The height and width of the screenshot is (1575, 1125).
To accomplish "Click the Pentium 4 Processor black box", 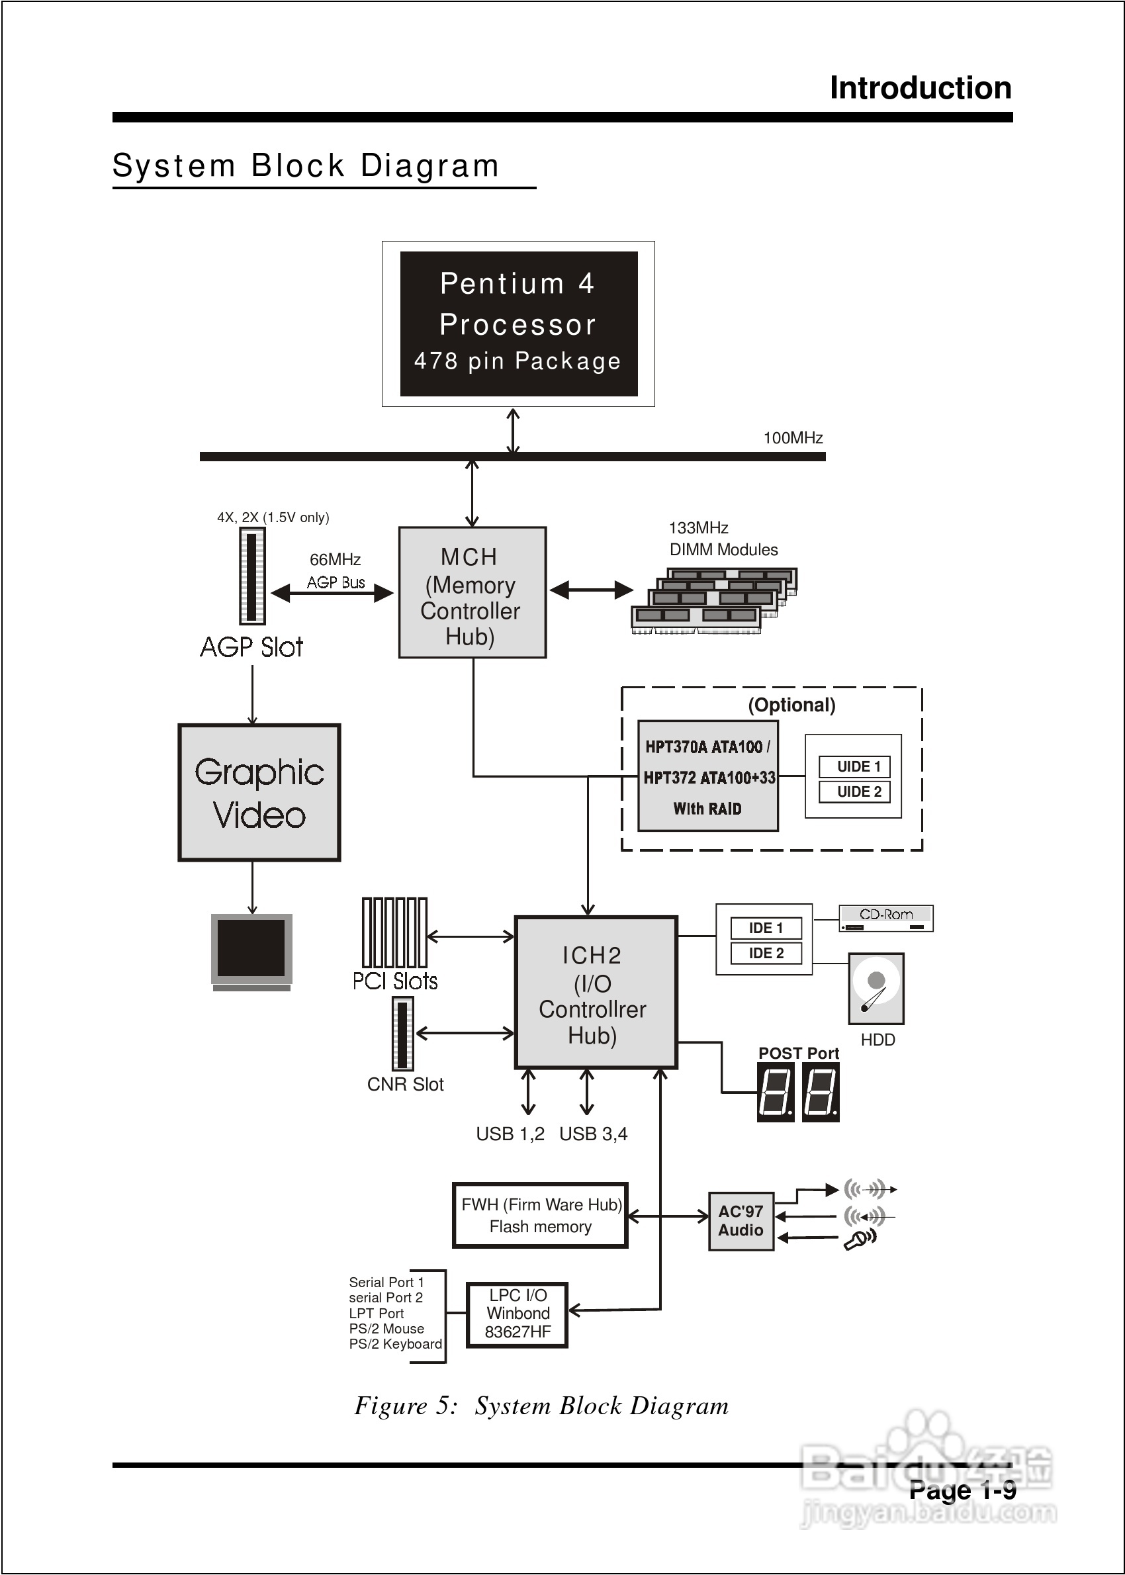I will pos(518,324).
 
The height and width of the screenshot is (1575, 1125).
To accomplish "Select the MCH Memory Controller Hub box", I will pos(472,593).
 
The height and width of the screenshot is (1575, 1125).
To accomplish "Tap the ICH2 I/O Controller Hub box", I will pos(595,993).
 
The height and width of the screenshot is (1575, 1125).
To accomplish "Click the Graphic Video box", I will pos(259,793).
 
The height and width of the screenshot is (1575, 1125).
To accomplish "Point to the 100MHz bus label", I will pos(793,437).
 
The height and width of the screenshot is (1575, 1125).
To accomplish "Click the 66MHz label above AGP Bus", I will pos(335,560).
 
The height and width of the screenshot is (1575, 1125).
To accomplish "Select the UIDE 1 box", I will pos(858,767).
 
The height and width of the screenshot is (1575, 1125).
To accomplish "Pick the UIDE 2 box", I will pos(858,791).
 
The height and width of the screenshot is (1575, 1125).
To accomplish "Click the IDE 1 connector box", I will pos(766,928).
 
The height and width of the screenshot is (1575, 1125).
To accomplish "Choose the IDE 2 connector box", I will pos(766,953).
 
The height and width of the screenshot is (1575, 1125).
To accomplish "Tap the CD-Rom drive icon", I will pos(885,919).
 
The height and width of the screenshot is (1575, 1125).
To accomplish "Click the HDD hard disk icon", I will pos(876,989).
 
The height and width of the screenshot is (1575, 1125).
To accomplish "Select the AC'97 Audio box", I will pos(741,1221).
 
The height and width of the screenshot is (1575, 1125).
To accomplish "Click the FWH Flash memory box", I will pos(541,1216).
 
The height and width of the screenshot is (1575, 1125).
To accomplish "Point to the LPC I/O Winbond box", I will pos(517,1314).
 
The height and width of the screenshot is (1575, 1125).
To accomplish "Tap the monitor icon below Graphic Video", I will pos(251,951).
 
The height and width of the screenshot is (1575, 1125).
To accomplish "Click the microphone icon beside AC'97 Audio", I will pos(860,1239).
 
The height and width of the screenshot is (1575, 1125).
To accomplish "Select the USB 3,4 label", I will pos(593,1134).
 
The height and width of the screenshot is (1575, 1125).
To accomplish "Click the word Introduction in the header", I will pos(920,89).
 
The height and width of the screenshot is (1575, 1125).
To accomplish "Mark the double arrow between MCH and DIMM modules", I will pos(591,590).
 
